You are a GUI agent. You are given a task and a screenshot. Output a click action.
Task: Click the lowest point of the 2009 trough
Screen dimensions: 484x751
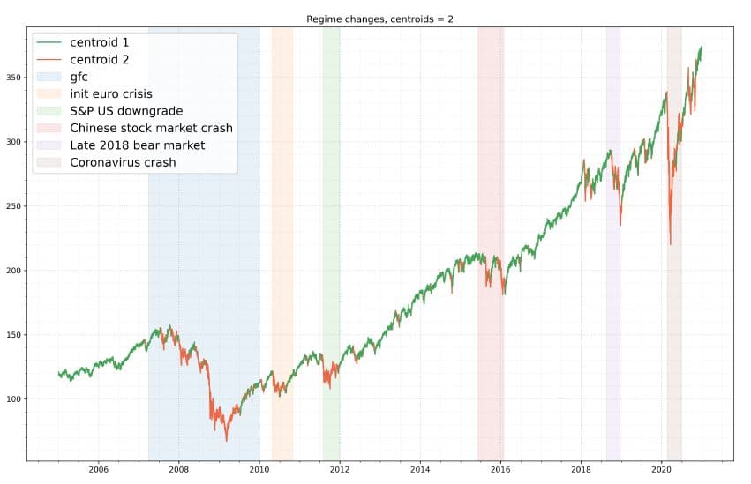click(x=226, y=440)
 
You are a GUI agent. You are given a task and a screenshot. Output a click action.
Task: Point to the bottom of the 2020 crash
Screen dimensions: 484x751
click(x=671, y=244)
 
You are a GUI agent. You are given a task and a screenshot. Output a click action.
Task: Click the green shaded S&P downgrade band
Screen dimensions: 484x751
click(x=331, y=264)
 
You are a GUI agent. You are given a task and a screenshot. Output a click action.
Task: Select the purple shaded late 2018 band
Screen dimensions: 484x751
click(x=612, y=309)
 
